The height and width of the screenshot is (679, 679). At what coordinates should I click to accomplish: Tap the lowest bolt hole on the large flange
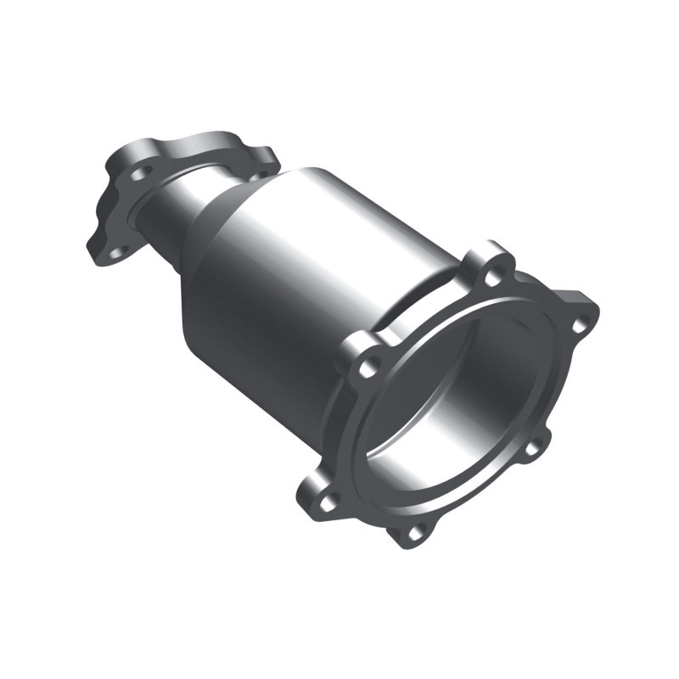[414, 533]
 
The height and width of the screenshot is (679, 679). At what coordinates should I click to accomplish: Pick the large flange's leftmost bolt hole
[326, 501]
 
